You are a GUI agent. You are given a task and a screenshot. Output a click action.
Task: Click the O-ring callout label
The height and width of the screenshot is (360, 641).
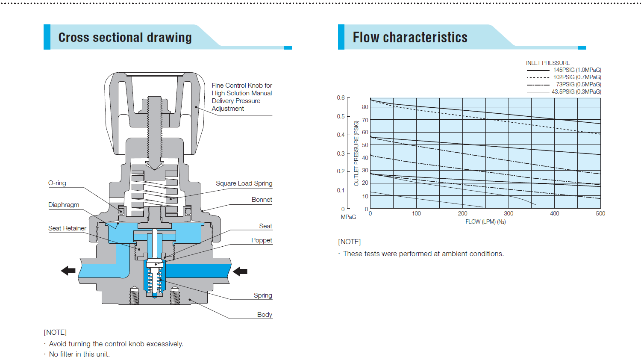click(57, 183)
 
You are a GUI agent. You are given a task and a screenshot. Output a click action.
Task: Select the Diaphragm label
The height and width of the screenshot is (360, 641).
click(64, 205)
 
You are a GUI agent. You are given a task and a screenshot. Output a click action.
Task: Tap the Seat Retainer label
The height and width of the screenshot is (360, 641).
click(67, 228)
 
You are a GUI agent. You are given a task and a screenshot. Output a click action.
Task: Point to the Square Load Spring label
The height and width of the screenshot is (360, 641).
click(244, 183)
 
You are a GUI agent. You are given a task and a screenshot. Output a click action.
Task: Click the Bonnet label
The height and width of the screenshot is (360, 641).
click(262, 200)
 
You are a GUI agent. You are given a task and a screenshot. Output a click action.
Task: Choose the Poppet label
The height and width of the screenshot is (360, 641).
click(262, 240)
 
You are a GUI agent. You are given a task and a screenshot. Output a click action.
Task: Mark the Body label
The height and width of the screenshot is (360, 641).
click(265, 315)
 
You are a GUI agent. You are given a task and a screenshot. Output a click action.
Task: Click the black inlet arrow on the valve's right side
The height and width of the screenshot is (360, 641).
click(240, 271)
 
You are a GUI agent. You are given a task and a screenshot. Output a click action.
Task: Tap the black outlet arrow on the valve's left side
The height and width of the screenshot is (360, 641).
click(68, 271)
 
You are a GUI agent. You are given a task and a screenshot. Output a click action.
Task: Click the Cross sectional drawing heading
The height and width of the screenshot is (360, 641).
click(125, 38)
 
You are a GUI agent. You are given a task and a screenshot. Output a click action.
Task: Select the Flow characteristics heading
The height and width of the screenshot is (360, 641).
click(410, 38)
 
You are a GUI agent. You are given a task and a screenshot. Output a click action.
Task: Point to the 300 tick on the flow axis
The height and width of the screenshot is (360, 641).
click(509, 213)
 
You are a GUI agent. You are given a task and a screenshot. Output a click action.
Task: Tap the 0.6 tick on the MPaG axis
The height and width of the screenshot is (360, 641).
click(341, 98)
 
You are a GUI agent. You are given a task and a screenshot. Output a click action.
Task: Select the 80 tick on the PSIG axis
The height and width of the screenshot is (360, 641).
click(365, 107)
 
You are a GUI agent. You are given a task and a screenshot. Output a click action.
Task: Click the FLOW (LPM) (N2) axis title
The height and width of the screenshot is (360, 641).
click(485, 222)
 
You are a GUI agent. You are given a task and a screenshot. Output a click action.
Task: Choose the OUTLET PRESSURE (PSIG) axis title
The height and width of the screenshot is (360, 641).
click(356, 153)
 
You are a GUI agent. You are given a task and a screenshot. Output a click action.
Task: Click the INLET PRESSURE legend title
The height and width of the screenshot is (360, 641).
click(548, 63)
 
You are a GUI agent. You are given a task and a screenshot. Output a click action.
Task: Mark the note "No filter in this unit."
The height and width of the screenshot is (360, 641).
click(79, 354)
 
